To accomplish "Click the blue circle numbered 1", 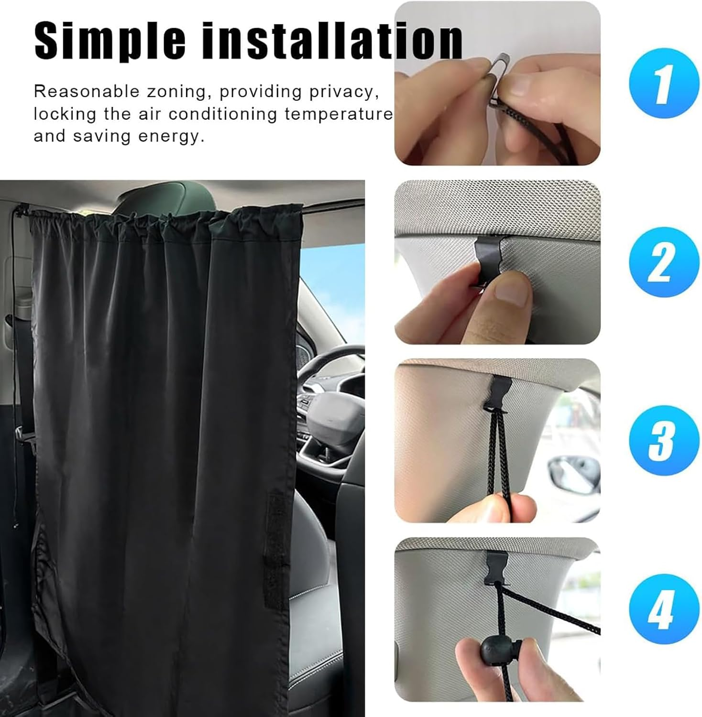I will click(x=664, y=83).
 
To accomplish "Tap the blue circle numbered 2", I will click(x=664, y=262).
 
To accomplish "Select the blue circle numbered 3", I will click(x=664, y=440).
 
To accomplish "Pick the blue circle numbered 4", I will click(x=664, y=608).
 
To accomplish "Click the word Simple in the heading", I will click(x=110, y=41).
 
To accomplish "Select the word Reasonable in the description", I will click(x=86, y=92).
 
